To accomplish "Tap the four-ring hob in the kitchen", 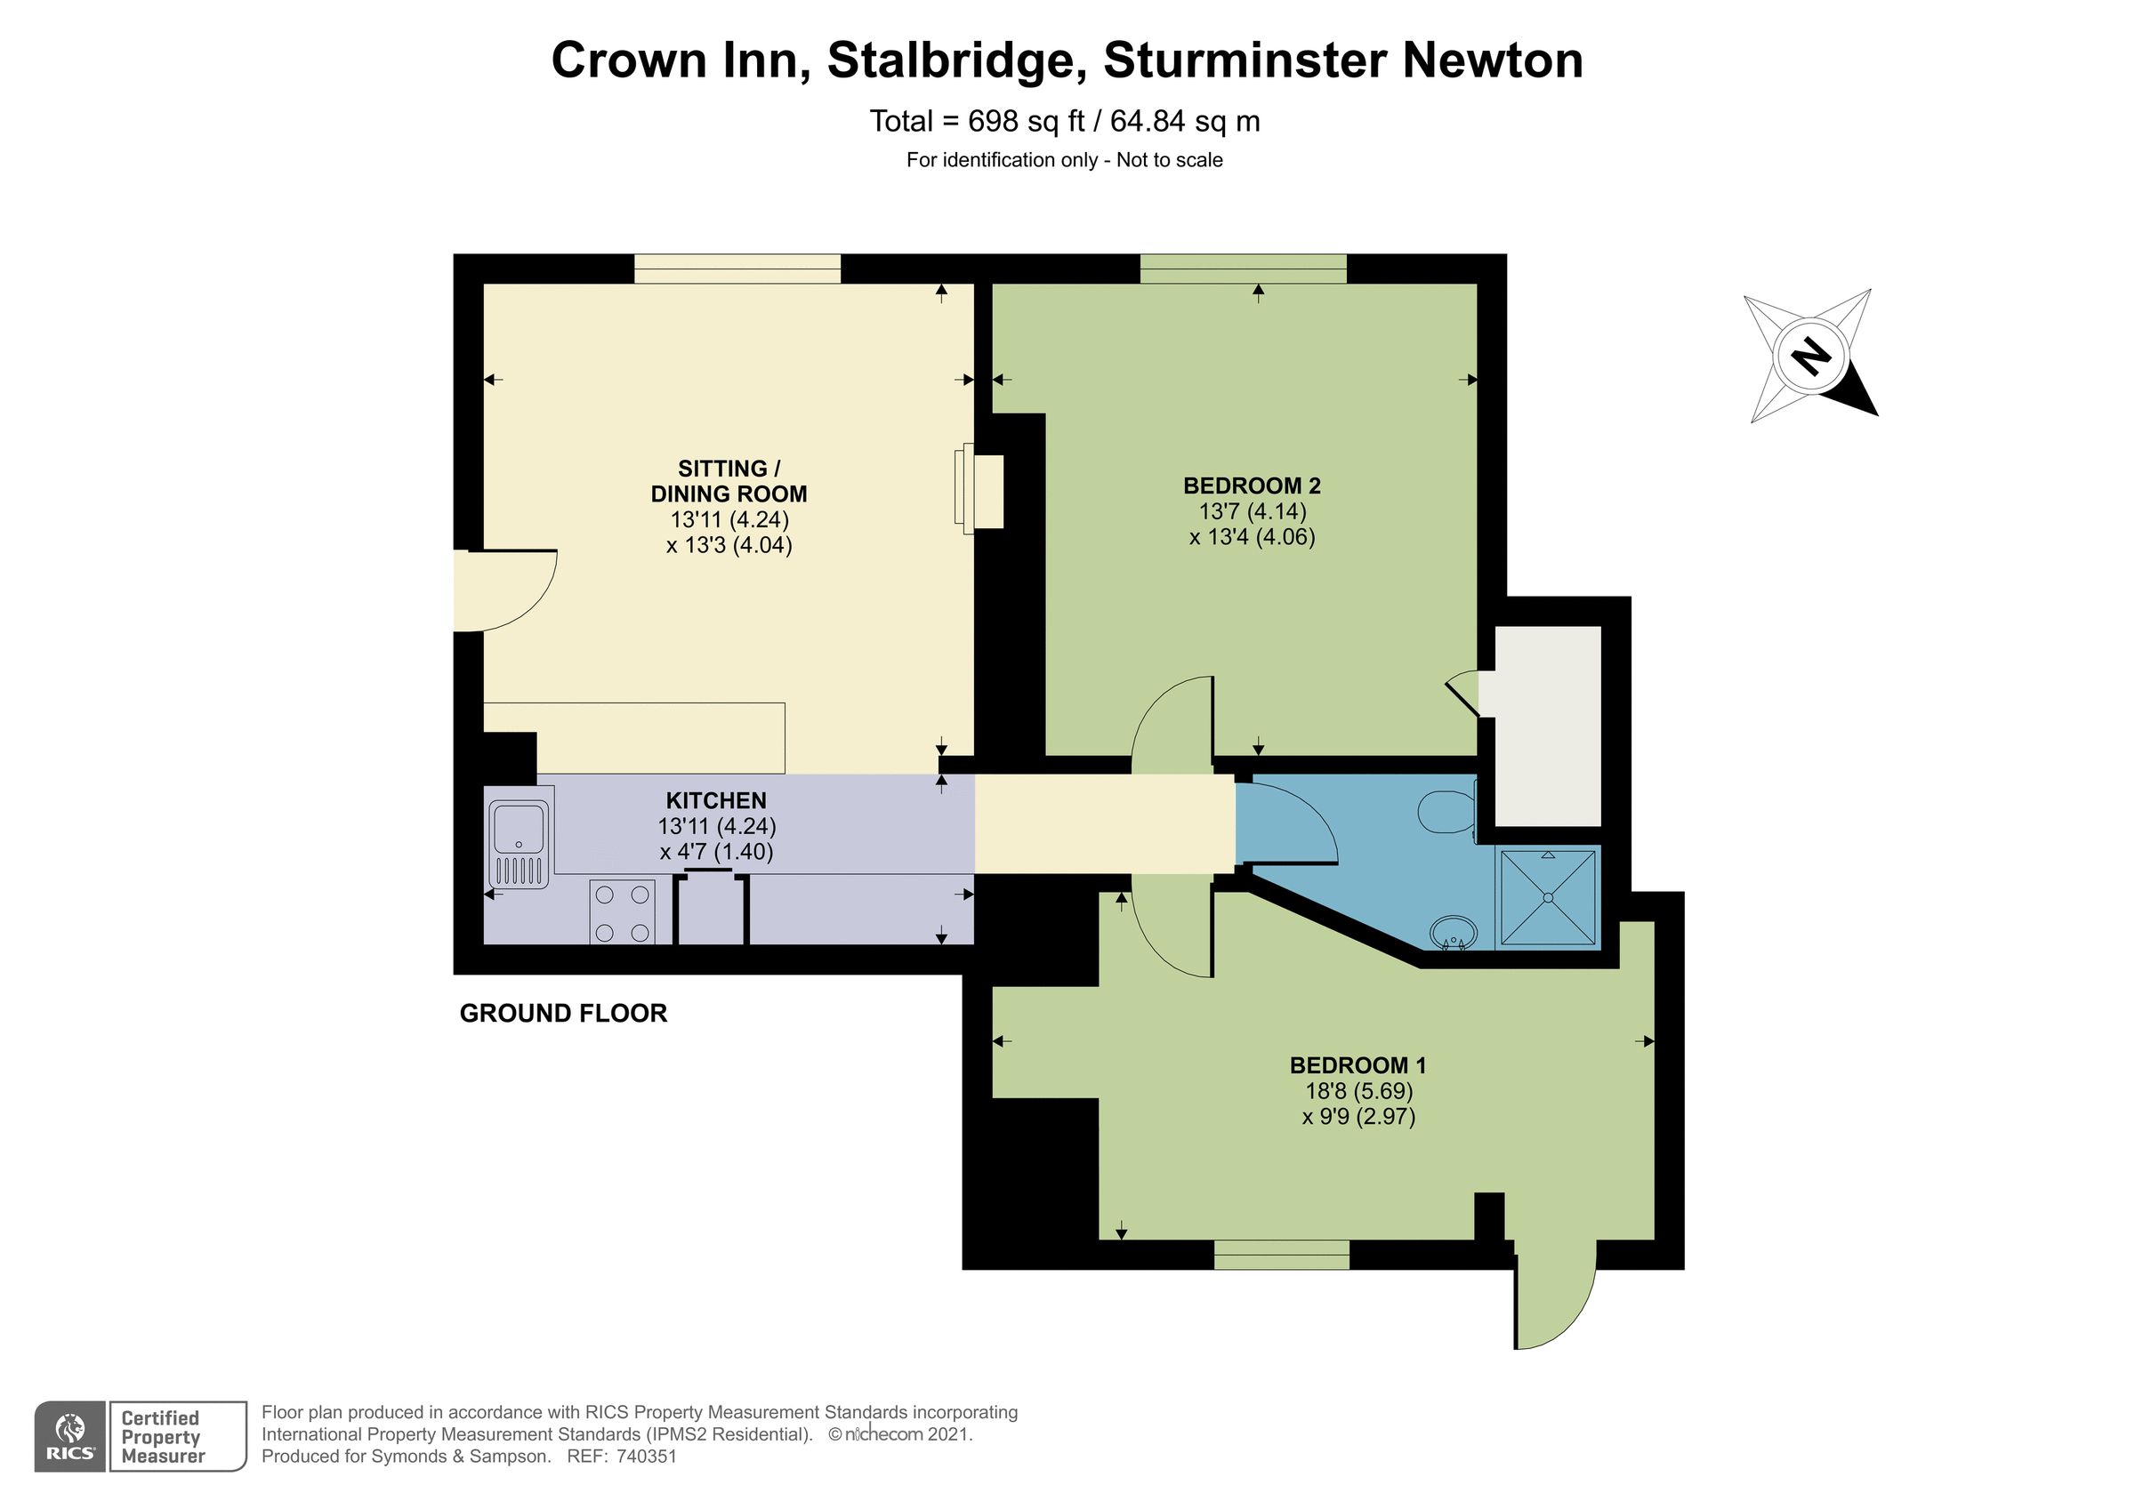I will (x=622, y=913).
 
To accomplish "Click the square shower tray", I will (x=1548, y=897).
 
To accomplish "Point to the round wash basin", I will (x=1453, y=931).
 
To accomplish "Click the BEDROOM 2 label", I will (x=1252, y=486).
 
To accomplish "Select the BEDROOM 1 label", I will (x=1358, y=1065).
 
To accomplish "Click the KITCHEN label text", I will (x=716, y=800).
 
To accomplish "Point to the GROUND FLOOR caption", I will (x=563, y=1014).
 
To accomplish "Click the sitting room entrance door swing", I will (x=507, y=588).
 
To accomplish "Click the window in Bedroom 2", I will (x=1244, y=269).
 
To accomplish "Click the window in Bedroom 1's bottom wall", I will (x=1281, y=1256).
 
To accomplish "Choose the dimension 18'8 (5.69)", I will (x=1358, y=1090).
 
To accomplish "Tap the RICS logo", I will (x=70, y=1436).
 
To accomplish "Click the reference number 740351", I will (x=648, y=1457).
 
